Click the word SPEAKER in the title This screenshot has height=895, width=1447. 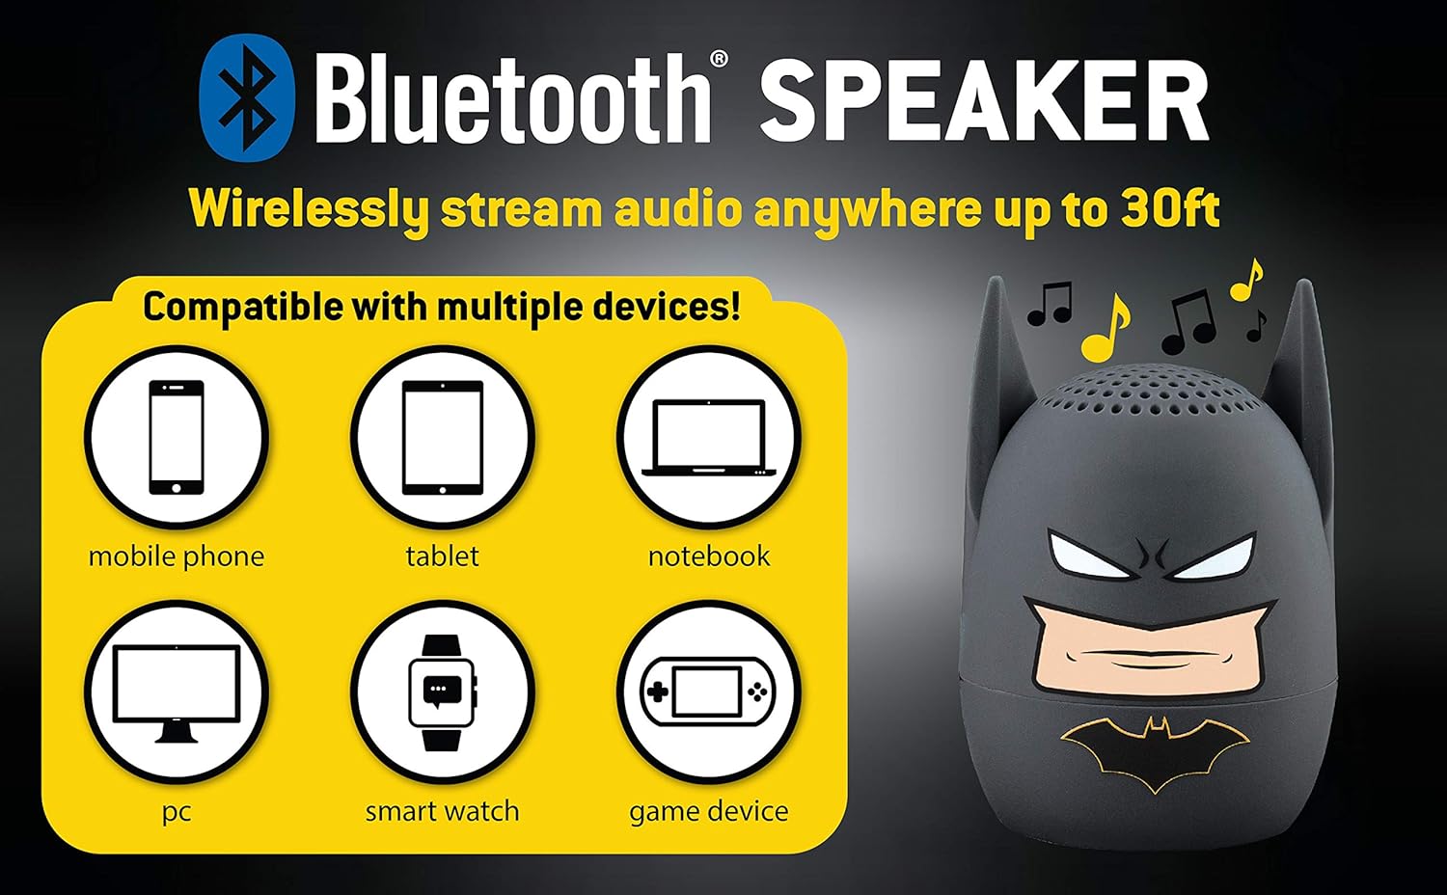984,100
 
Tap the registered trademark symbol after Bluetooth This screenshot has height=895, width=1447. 719,59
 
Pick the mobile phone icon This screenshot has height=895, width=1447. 177,437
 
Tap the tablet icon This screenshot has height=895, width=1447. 443,437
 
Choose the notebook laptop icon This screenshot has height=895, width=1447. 709,438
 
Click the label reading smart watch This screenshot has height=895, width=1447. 443,812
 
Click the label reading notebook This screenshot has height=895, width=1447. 709,556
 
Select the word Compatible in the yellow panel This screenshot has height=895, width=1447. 243,308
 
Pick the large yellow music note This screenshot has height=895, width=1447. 1106,328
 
